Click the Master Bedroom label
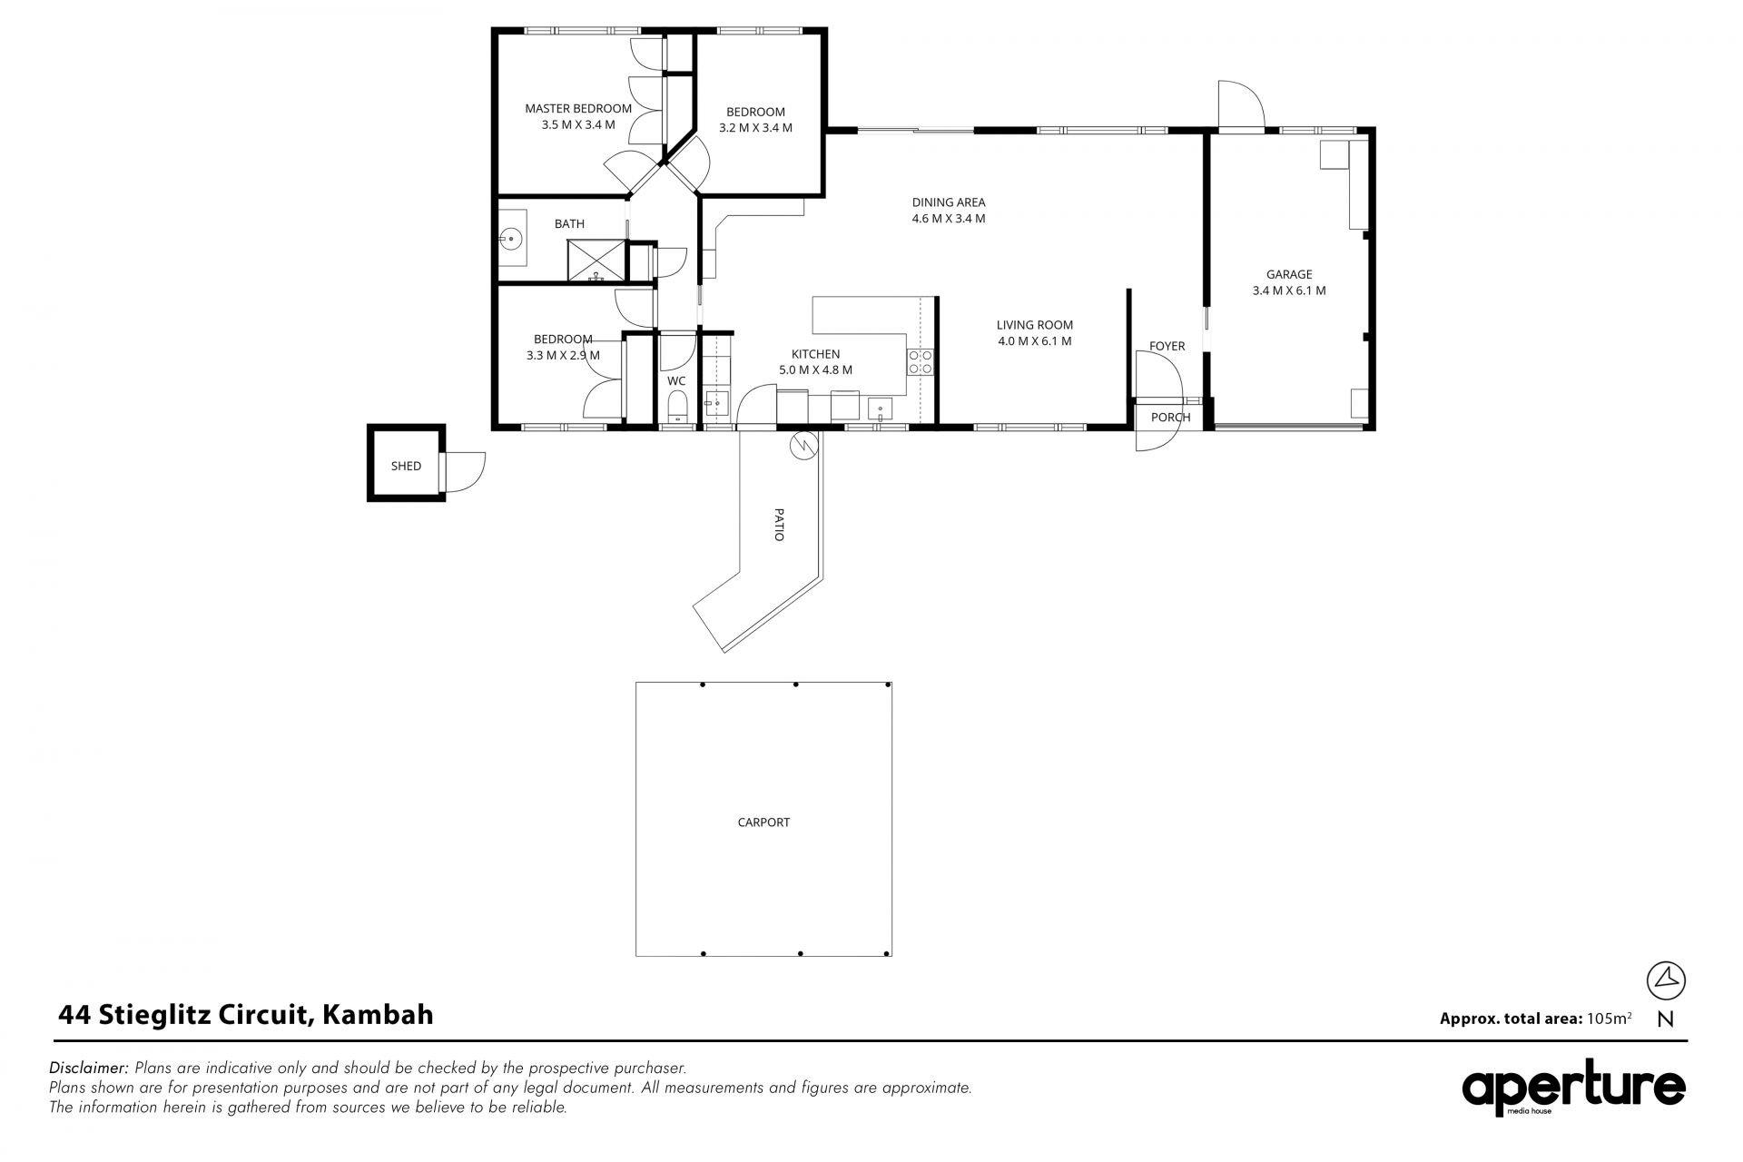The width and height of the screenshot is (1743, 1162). coord(578,109)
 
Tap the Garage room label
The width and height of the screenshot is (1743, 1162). coord(1289,274)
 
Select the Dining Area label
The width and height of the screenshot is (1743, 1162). coord(949,202)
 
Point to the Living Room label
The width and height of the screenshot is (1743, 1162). coord(1035,325)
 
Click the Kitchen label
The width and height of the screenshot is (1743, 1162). coord(815,354)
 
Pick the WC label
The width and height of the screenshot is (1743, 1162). coord(676,381)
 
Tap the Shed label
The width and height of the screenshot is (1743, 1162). coord(406,466)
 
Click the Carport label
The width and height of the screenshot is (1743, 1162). coord(763,822)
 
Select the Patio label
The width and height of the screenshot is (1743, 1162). coord(779,525)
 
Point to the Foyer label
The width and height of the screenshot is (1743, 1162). coord(1167,346)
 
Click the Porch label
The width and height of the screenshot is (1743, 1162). coord(1170,418)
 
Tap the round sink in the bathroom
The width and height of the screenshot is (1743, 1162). coord(511,240)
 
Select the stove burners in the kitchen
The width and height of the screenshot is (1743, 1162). coord(921,362)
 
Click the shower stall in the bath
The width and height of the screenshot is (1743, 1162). coord(596,261)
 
